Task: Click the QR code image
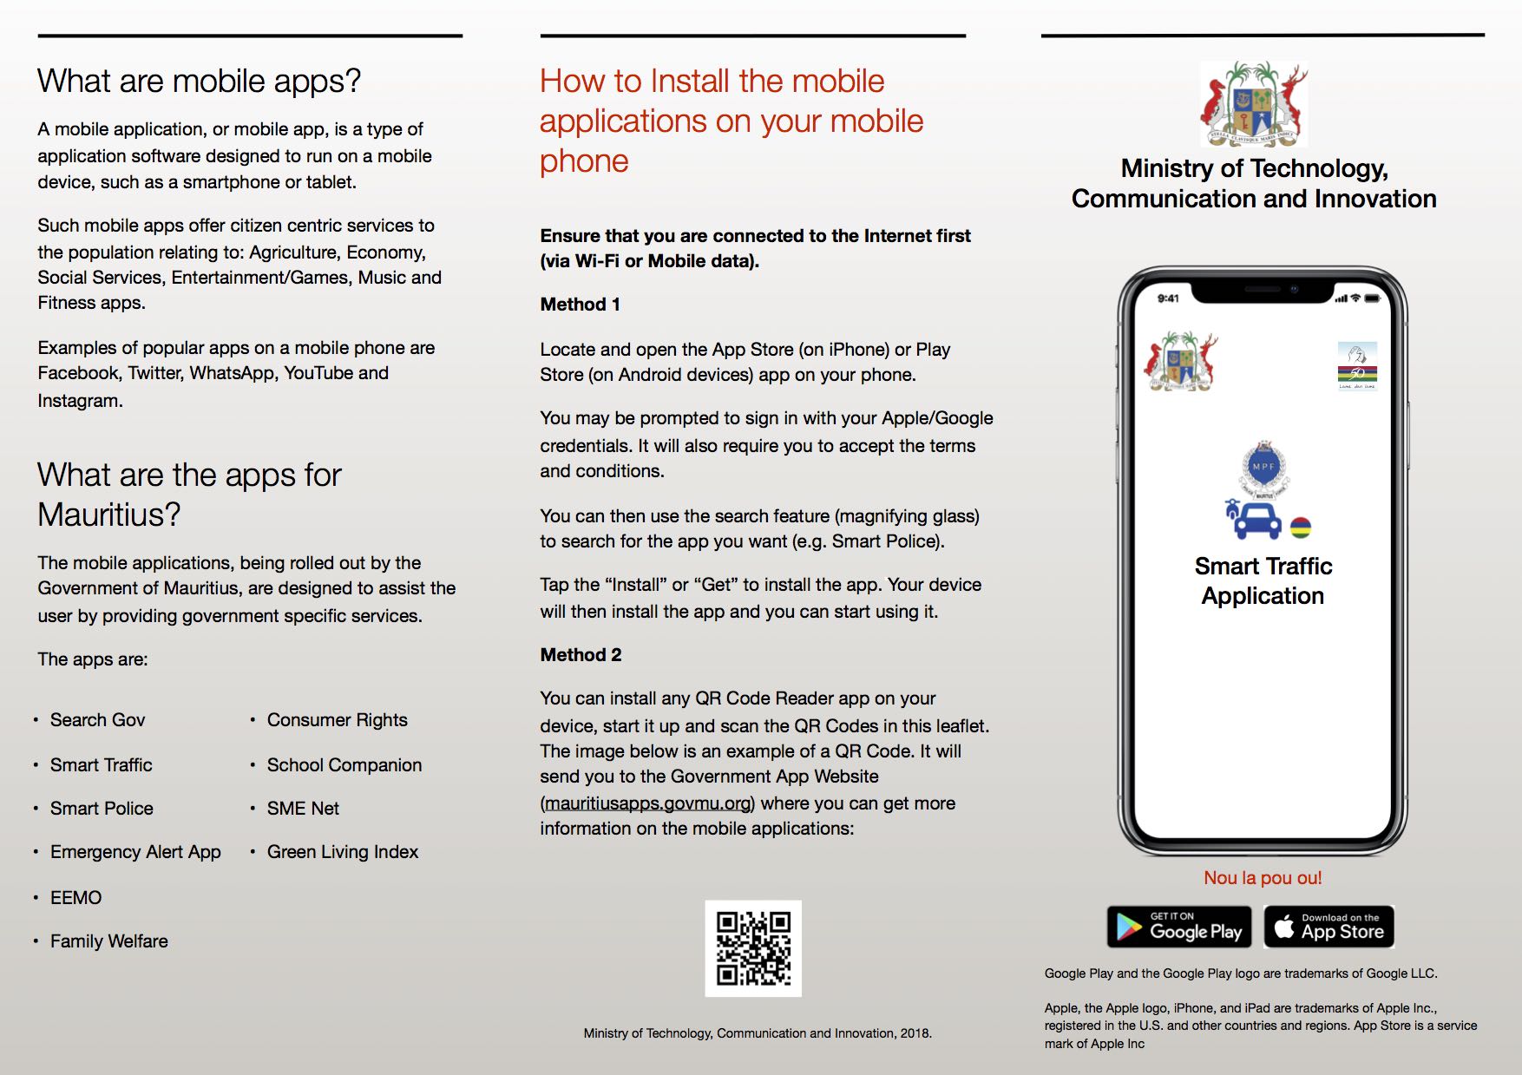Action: click(x=753, y=948)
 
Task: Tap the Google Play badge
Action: click(x=1179, y=927)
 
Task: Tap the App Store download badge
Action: click(x=1329, y=927)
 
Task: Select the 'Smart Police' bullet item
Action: click(x=102, y=809)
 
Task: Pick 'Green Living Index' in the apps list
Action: click(x=343, y=852)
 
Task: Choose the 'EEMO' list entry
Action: click(x=75, y=898)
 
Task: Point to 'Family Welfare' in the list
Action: click(x=109, y=941)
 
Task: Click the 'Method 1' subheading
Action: click(x=580, y=305)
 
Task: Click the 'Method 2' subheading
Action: click(x=581, y=655)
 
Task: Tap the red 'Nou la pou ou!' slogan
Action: click(x=1263, y=878)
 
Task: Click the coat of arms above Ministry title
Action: click(x=1254, y=104)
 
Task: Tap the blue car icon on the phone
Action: click(x=1256, y=521)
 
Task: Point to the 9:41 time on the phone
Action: click(x=1168, y=298)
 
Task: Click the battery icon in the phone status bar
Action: click(x=1372, y=298)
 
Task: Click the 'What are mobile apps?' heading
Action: click(x=199, y=82)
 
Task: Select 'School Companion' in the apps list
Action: click(x=344, y=765)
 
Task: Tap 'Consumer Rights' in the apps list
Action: click(x=337, y=720)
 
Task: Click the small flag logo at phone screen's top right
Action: click(x=1357, y=365)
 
